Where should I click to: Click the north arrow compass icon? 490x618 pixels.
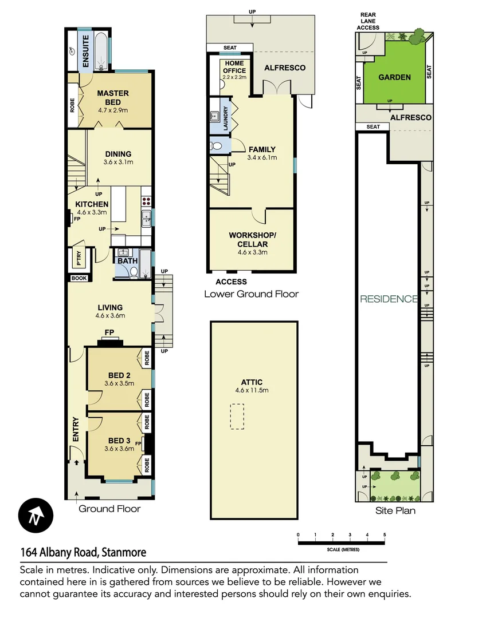36,515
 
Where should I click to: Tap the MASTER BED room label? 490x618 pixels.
113,98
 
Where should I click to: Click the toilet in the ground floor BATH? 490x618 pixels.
134,273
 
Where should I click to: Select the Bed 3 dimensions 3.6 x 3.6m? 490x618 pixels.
119,449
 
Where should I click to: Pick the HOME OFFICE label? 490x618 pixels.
235,67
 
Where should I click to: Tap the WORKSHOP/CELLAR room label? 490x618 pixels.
252,240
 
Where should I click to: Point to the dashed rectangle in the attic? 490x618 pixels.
238,416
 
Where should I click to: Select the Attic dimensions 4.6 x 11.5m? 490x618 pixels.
252,391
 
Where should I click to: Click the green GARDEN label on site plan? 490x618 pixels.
395,77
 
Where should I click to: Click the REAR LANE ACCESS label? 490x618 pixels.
369,21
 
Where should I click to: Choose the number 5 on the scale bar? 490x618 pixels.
384,535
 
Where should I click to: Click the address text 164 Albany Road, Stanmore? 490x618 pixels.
83,552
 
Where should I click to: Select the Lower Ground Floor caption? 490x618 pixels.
252,294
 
